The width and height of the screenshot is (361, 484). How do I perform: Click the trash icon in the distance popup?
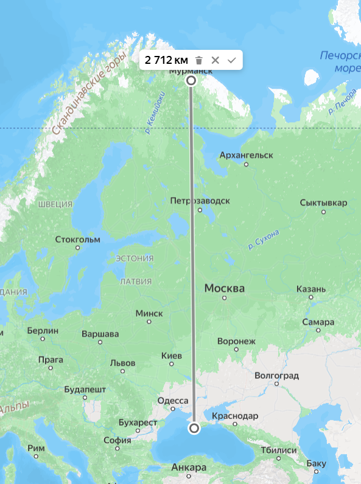198,60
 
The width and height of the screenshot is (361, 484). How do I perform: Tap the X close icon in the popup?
215,60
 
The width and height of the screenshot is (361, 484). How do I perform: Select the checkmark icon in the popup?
231,60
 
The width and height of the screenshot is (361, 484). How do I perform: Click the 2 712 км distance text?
166,60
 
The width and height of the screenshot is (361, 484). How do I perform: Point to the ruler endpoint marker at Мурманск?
191,80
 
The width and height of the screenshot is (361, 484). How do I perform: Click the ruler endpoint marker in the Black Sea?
194,429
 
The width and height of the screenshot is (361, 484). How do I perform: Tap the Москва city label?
224,288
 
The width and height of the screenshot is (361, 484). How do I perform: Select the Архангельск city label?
246,155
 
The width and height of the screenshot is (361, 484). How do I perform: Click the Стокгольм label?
77,239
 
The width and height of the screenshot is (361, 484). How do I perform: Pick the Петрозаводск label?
200,200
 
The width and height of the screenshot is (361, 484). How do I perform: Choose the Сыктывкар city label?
323,202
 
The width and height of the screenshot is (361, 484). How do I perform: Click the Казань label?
311,289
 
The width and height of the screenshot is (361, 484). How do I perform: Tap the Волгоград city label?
277,375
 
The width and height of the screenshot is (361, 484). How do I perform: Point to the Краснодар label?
235,416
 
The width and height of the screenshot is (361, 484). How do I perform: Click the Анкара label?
189,467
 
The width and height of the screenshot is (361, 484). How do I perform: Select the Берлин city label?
43,330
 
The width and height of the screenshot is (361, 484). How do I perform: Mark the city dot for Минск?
149,322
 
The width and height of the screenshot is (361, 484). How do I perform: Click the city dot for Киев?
171,364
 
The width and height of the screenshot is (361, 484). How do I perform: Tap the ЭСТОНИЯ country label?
135,258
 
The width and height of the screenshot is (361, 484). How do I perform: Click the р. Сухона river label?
264,240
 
